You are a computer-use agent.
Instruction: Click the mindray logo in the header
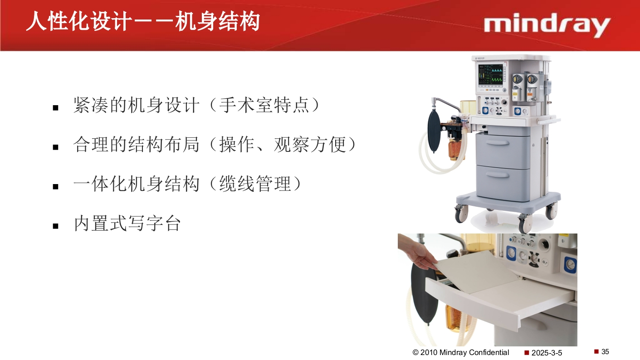tap(547, 26)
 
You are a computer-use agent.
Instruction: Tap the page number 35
tap(605, 352)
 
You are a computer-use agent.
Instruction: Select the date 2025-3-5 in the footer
tap(547, 353)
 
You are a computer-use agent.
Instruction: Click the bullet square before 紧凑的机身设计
tap(56, 108)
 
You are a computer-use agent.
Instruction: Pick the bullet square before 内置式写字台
tap(56, 226)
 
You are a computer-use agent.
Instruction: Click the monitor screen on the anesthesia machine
tap(491, 76)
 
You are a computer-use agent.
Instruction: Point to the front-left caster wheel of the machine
tap(461, 213)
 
